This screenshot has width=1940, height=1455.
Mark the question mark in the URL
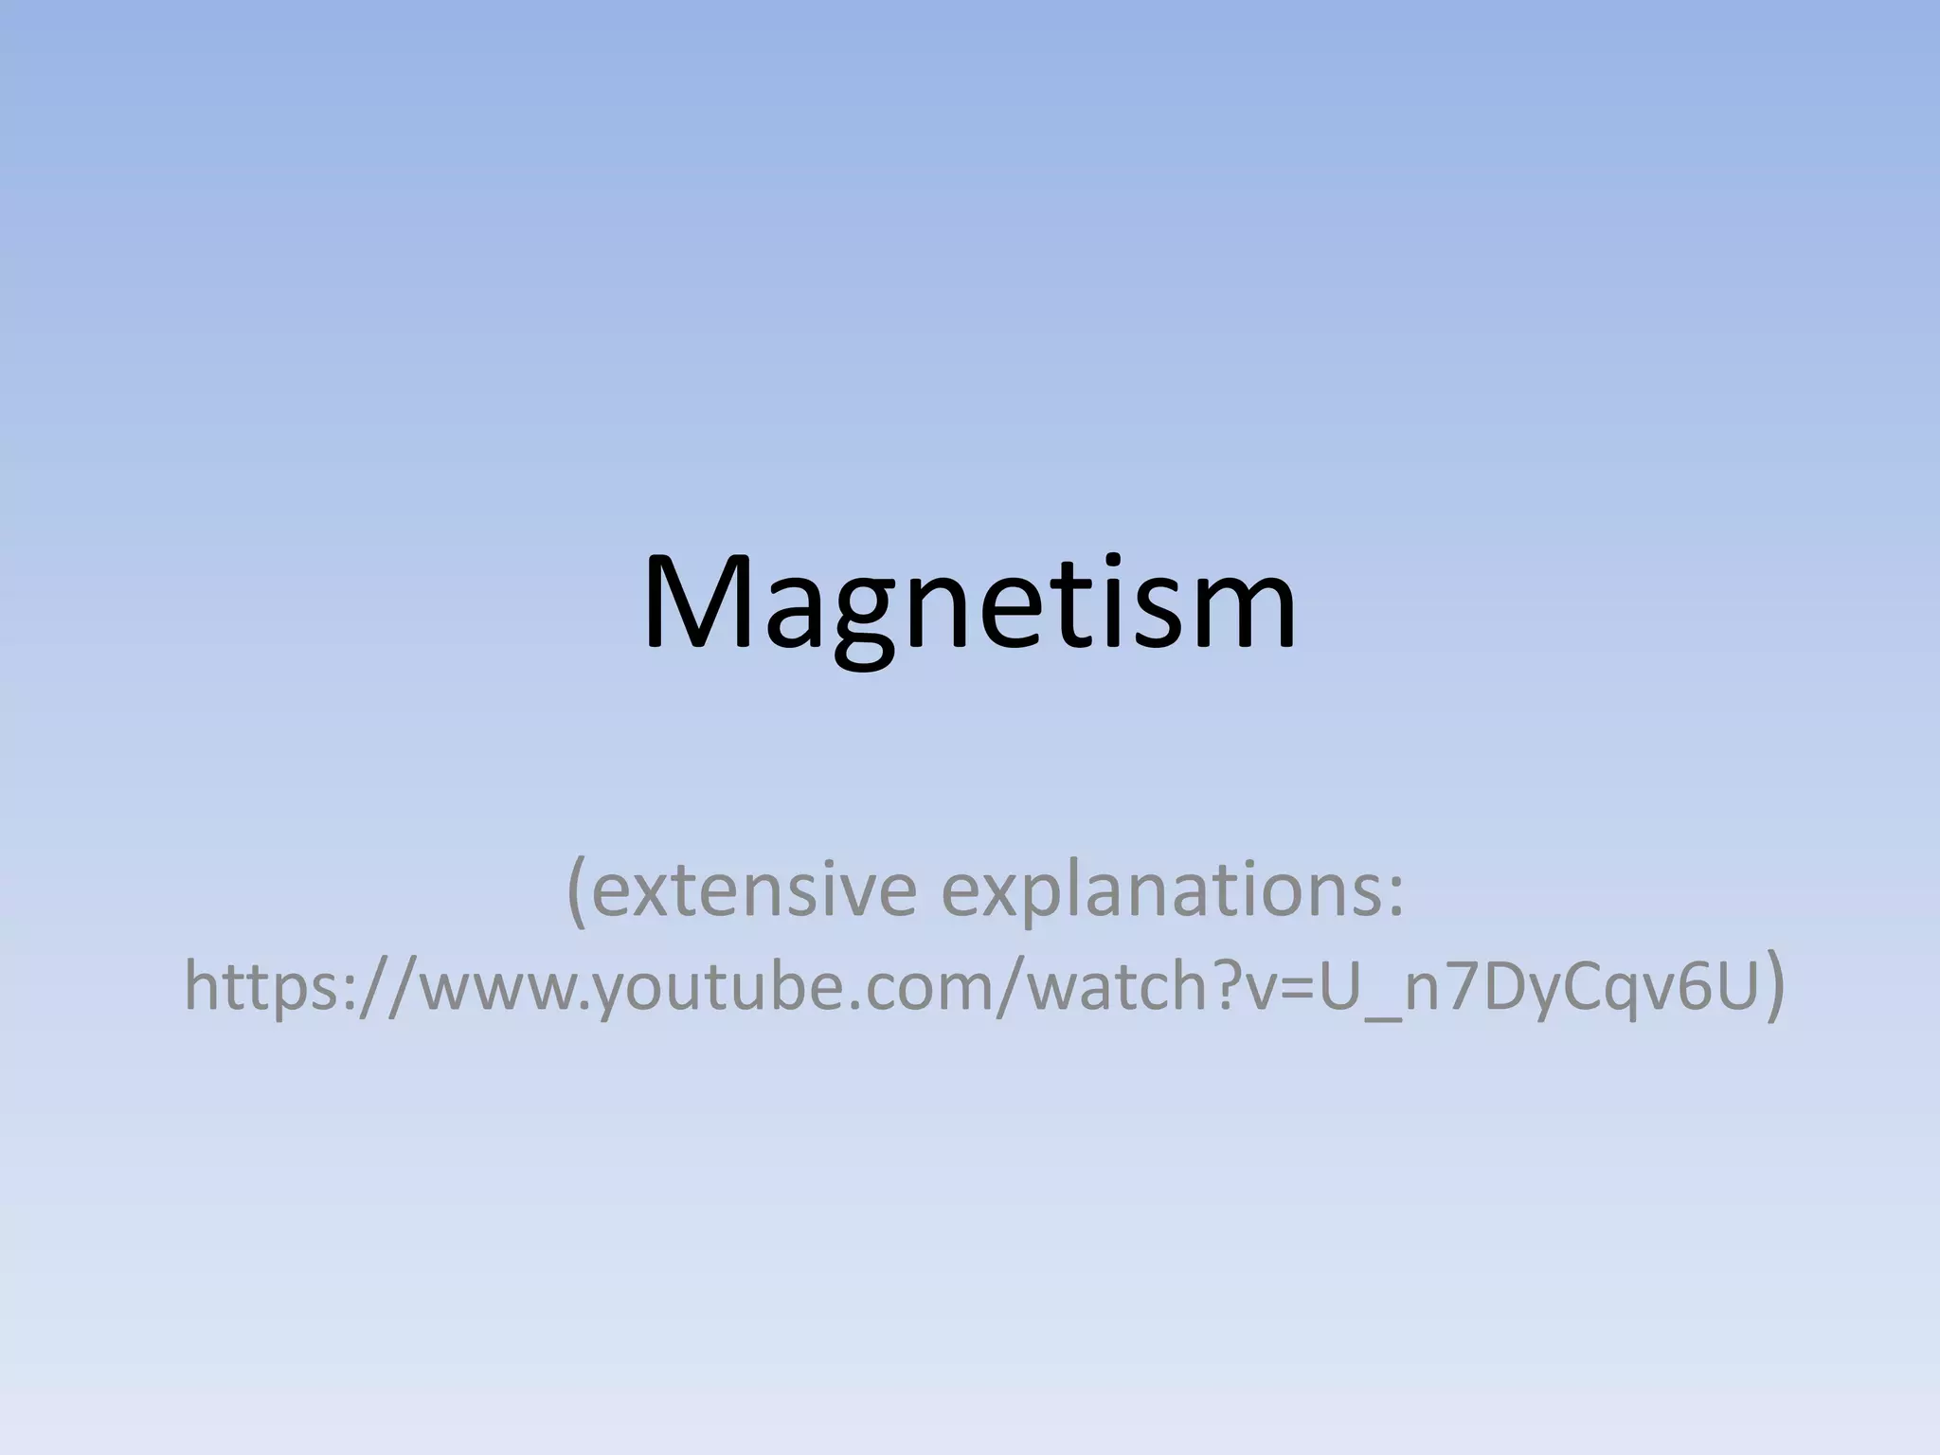tap(1230, 985)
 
